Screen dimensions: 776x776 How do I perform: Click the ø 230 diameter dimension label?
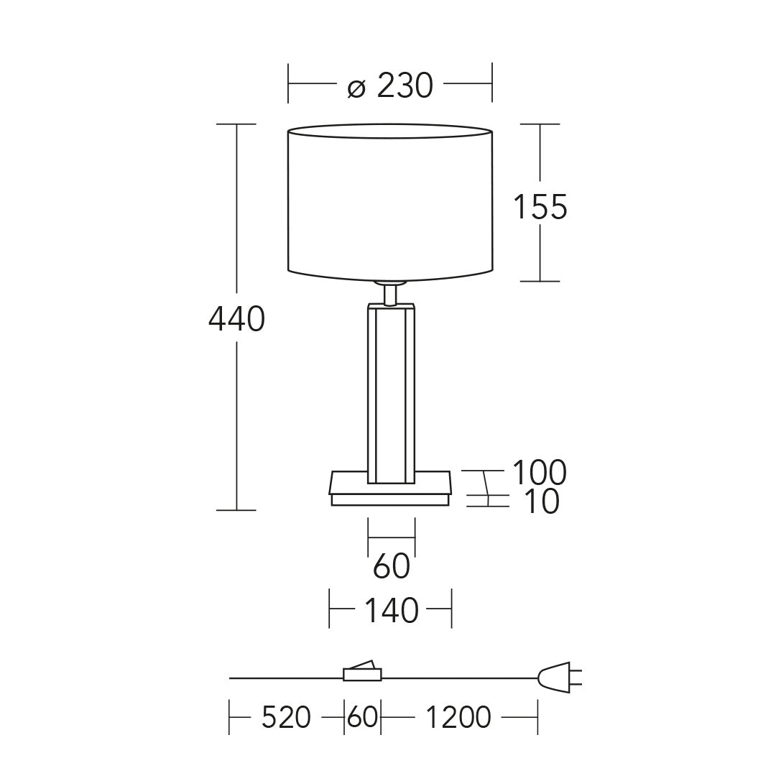[390, 86]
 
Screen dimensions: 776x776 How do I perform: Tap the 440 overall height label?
[236, 319]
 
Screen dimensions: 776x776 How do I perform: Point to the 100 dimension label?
[539, 472]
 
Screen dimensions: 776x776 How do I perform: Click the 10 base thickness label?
[542, 502]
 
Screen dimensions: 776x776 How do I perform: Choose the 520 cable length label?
[286, 717]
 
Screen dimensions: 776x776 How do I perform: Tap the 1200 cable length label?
[458, 717]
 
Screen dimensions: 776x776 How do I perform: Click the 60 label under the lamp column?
[392, 566]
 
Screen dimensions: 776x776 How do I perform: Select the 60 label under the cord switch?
[362, 717]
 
